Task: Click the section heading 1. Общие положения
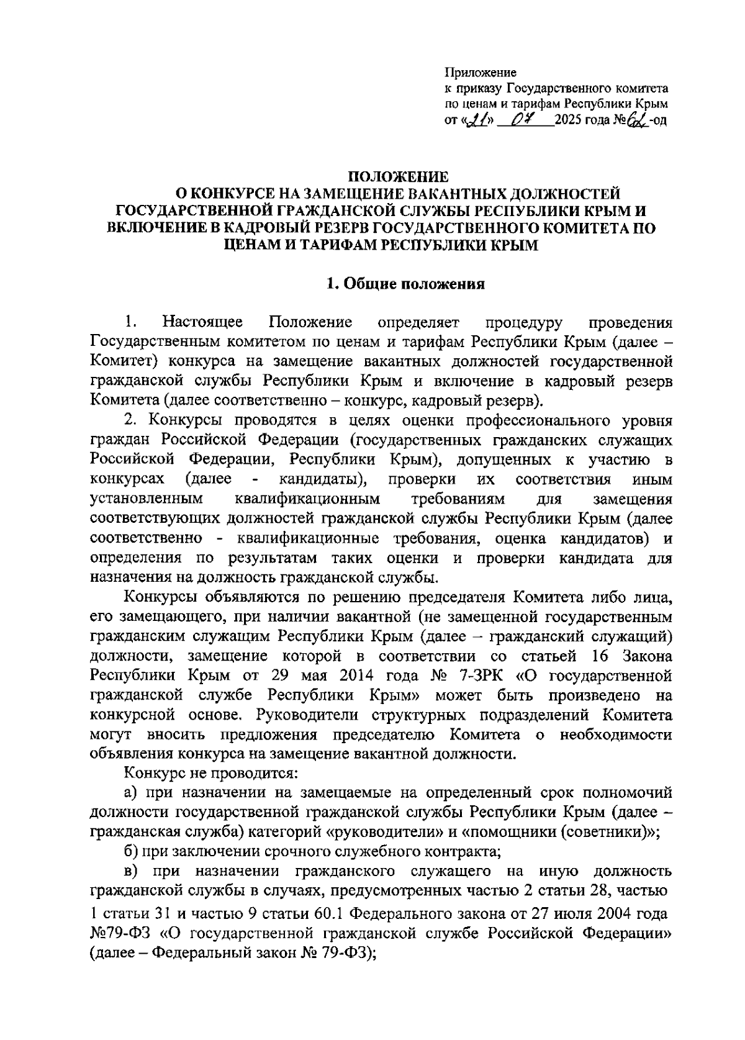[405, 284]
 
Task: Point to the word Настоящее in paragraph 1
[202, 323]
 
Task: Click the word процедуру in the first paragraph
[523, 323]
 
